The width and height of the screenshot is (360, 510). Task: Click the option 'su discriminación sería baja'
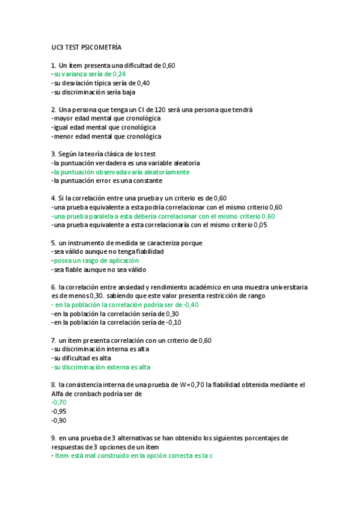94,92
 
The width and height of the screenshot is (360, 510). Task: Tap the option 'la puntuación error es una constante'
108,180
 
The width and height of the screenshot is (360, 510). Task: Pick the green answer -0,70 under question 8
59,402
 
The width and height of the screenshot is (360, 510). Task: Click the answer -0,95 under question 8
59,411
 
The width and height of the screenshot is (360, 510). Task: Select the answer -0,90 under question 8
59,420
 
